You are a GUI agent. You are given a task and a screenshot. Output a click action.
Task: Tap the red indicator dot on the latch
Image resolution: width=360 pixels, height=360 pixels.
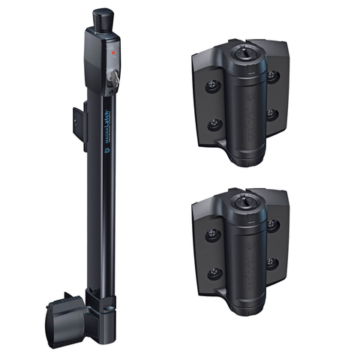[x=113, y=54]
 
